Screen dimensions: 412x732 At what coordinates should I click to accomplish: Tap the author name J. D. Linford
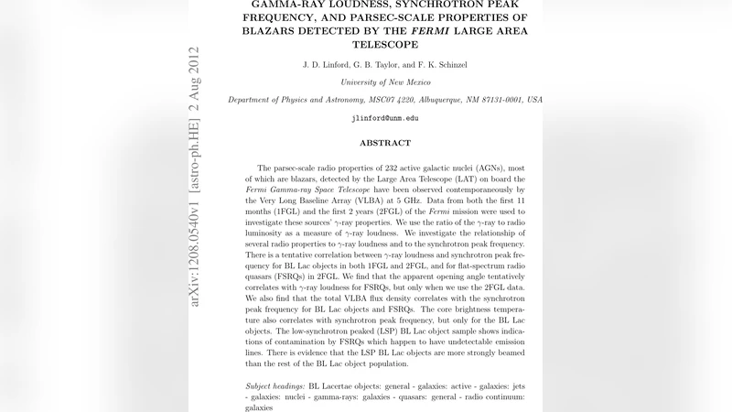pyautogui.click(x=326, y=64)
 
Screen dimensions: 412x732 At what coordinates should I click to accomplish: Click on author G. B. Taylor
pyautogui.click(x=387, y=64)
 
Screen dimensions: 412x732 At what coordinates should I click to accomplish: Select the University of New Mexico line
pyautogui.click(x=384, y=81)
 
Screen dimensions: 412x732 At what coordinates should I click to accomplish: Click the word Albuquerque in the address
pyautogui.click(x=432, y=100)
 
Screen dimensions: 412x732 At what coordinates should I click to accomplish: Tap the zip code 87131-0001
pyautogui.click(x=498, y=100)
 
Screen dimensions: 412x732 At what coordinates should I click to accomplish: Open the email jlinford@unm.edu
pyautogui.click(x=384, y=118)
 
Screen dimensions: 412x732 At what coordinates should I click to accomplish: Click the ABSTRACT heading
pyautogui.click(x=384, y=143)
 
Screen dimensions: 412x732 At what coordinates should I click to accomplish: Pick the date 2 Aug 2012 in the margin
pyautogui.click(x=194, y=78)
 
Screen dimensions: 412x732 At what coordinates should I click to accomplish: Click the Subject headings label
pyautogui.click(x=275, y=385)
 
